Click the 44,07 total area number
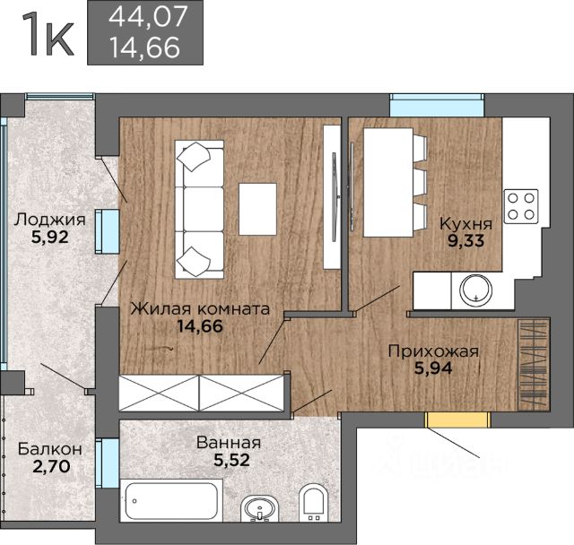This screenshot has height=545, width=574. pos(148,17)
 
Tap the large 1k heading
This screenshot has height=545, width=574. pos(48,34)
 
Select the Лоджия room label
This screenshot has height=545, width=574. pos(50,220)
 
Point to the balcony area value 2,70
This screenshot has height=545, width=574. pos(51,466)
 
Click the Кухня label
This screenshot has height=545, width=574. pos(465,223)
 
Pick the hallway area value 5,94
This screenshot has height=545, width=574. pos(433,368)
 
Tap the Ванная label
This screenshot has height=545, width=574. pos(229,443)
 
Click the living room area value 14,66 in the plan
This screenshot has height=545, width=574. pos(200,326)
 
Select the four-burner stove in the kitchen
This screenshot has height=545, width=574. pos(521,206)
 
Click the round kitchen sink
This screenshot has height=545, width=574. pos(476,290)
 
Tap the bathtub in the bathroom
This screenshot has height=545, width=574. pos(171,500)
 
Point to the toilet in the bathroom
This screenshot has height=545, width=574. pos(313,503)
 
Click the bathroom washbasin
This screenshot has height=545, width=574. pos(259,508)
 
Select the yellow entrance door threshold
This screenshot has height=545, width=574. pos(457,420)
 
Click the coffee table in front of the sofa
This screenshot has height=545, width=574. pos(257,209)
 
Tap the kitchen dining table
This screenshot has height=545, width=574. pos(388,182)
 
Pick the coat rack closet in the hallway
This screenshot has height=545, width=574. pos(534,364)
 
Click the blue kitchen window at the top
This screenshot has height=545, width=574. pos(437,105)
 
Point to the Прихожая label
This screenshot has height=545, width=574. pos(433,351)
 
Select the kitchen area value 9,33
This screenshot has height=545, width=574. pos(466,240)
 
